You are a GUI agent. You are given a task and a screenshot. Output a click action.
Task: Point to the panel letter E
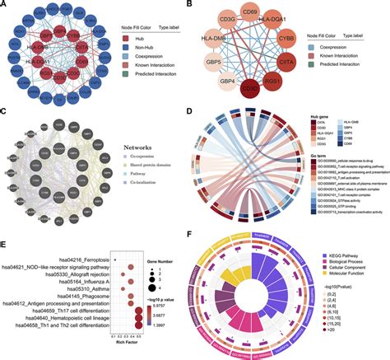pyautogui.click(x=5, y=245)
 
